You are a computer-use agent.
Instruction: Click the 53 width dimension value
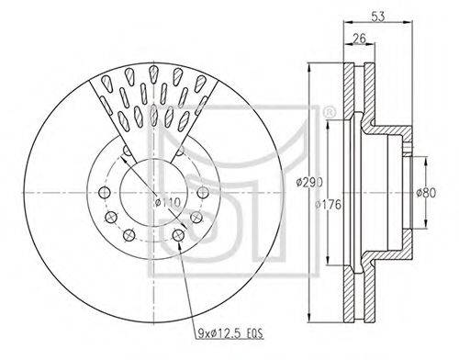click(x=377, y=17)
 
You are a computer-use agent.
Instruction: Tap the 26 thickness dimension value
click(x=359, y=39)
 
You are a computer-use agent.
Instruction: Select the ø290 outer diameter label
click(x=309, y=183)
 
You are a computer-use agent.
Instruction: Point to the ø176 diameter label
click(x=328, y=204)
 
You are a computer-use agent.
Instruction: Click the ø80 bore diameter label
click(x=426, y=193)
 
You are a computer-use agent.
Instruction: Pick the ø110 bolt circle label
click(x=168, y=202)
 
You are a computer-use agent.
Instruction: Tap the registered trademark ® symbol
click(x=328, y=113)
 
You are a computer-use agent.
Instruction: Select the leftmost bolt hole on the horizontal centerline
click(x=105, y=193)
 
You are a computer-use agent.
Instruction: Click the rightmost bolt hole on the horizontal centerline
click(x=203, y=193)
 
